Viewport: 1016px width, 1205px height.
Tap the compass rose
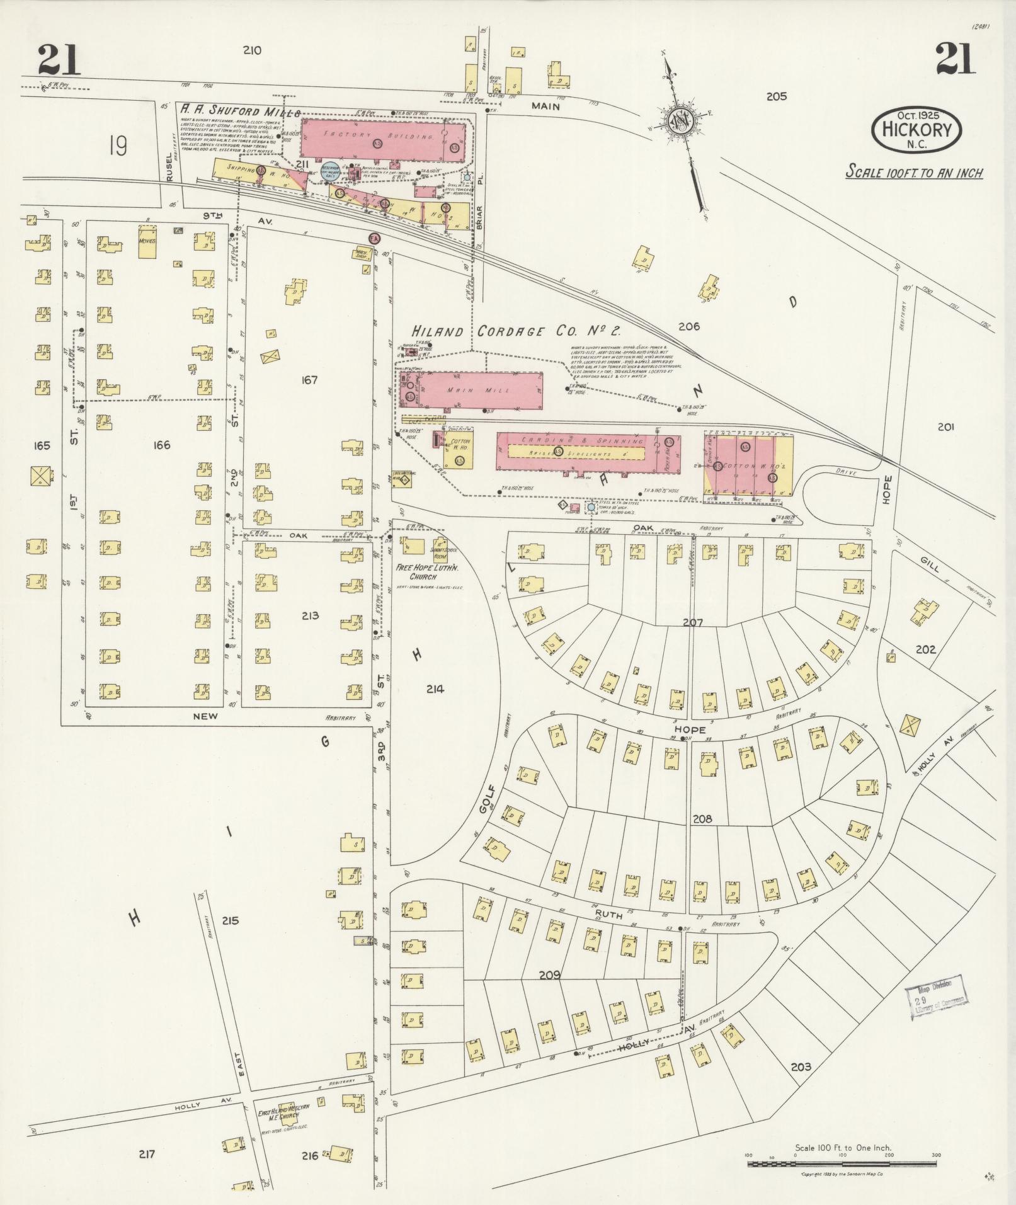point(681,120)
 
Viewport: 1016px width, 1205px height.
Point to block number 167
point(309,380)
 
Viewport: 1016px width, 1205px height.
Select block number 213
point(310,615)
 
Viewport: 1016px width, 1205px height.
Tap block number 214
point(435,689)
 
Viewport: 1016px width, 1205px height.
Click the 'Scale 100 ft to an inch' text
point(914,172)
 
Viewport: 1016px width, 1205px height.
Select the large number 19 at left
point(117,146)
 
